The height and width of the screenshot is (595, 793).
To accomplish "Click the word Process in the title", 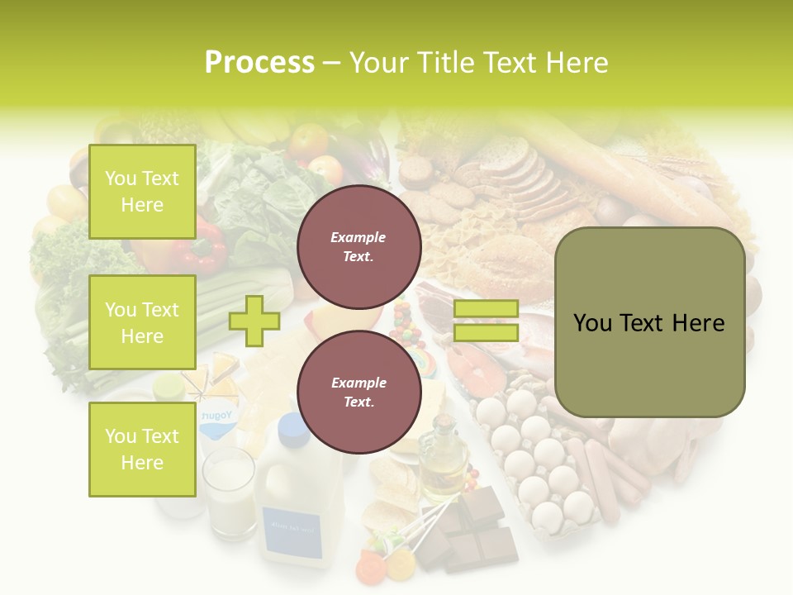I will [259, 63].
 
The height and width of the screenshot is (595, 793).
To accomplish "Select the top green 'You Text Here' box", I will [142, 192].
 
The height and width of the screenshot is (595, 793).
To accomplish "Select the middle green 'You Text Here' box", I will [142, 322].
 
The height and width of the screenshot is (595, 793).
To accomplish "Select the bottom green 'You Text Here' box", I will [142, 450].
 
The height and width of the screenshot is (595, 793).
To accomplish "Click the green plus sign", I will [254, 321].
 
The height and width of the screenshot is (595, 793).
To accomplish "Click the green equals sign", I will [486, 321].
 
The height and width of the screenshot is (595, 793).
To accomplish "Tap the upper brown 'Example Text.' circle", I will [359, 246].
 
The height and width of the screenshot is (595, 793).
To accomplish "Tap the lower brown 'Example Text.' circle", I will [359, 392].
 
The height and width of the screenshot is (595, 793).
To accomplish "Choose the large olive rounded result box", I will [649, 322].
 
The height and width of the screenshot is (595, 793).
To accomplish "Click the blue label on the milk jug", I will [292, 526].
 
